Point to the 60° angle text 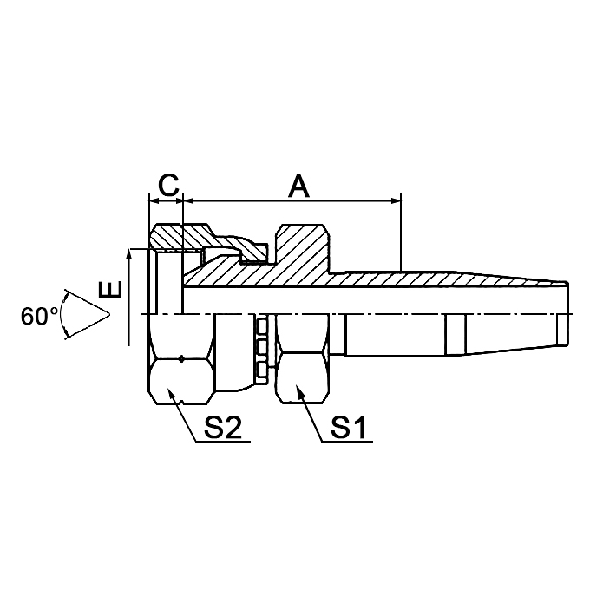pyautogui.click(x=39, y=316)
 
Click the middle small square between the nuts pyautogui.click(x=261, y=349)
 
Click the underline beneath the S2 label pyautogui.click(x=221, y=442)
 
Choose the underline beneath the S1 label pyautogui.click(x=346, y=442)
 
